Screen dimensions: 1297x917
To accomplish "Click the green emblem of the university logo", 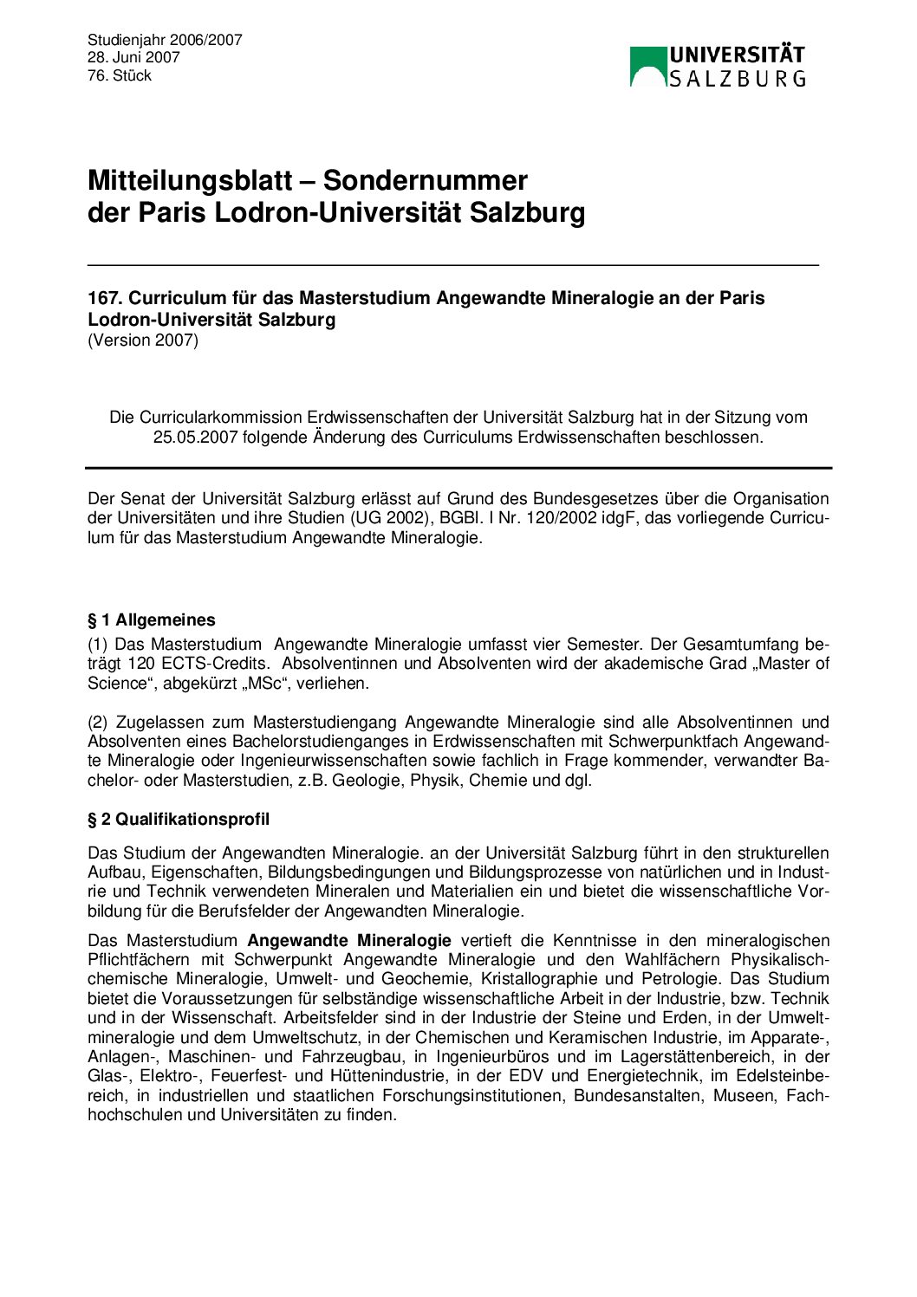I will pyautogui.click(x=647, y=67).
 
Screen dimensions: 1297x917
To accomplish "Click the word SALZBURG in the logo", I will pyautogui.click(x=738, y=79).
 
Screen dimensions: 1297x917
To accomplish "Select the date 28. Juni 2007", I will pyautogui.click(x=133, y=57).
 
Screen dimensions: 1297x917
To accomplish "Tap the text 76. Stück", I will pyautogui.click(x=120, y=75).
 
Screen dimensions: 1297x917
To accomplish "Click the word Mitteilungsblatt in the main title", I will pyautogui.click(x=189, y=180).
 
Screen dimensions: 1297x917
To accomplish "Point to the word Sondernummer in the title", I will pyautogui.click(x=425, y=180).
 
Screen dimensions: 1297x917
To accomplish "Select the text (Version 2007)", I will pyautogui.click(x=143, y=340).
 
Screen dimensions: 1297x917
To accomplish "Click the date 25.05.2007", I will pyautogui.click(x=195, y=437).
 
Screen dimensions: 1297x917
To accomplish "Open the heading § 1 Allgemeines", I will pyautogui.click(x=152, y=619).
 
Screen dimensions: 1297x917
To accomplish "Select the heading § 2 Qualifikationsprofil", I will pyautogui.click(x=179, y=819).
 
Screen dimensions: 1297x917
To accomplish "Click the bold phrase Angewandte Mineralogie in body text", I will pyautogui.click(x=349, y=940).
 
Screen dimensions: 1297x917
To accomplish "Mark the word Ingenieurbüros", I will pyautogui.click(x=493, y=1056).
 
